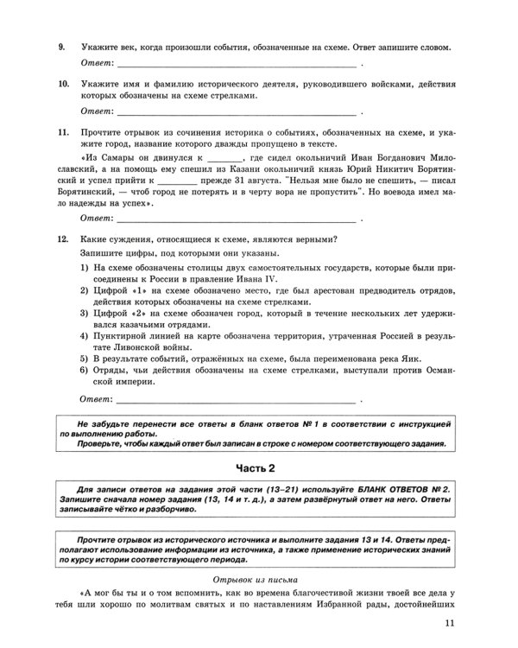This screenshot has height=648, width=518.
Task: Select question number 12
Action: (x=63, y=238)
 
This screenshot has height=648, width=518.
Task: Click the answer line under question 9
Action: (x=237, y=65)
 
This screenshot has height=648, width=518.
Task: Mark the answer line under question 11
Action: (x=237, y=221)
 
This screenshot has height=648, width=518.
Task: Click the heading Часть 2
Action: (x=259, y=467)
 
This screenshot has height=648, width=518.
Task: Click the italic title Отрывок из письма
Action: (x=259, y=578)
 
